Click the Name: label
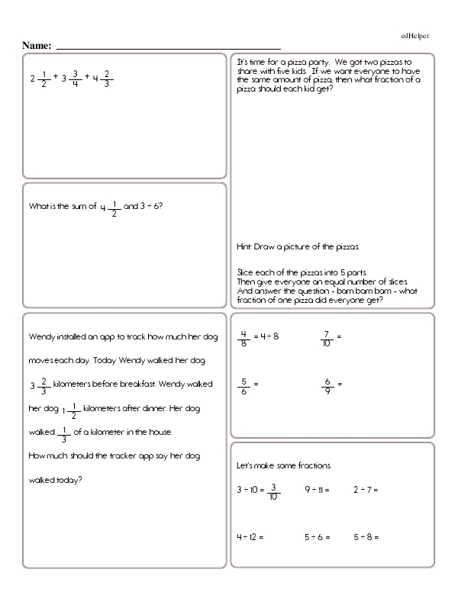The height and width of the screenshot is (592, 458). pos(37,46)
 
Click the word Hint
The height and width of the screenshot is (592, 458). pos(245,247)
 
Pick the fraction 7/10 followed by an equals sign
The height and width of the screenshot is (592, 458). pos(326,336)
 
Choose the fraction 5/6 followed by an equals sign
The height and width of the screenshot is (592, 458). pos(244,384)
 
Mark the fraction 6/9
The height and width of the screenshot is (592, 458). pos(327,384)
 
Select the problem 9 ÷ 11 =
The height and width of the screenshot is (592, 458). pos(317,489)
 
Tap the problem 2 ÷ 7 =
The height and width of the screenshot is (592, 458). pos(366,489)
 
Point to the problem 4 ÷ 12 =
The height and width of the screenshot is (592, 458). pos(250,537)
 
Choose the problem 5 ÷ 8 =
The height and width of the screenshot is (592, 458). pos(366,537)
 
